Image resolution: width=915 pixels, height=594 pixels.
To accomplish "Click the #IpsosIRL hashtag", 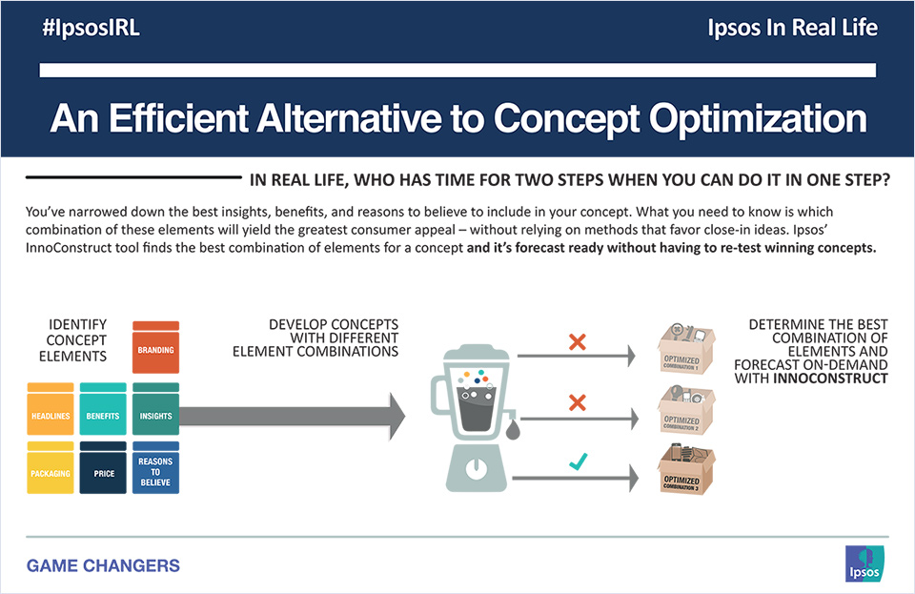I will [x=91, y=28].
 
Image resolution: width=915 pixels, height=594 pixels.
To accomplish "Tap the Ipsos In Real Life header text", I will [x=793, y=28].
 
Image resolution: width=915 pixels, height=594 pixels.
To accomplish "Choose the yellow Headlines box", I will [x=51, y=410].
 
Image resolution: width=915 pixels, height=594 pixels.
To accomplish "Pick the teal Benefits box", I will [x=103, y=410].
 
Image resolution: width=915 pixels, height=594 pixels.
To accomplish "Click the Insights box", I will [x=155, y=410].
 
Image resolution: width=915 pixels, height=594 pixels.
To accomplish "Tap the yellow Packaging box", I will [x=51, y=467].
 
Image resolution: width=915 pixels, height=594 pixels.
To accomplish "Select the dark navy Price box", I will [x=103, y=467].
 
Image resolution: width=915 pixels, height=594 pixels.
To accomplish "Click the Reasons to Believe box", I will [x=155, y=467].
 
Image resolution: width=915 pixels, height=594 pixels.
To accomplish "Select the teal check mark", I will [x=576, y=462].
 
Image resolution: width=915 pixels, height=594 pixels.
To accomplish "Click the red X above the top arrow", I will [x=576, y=342].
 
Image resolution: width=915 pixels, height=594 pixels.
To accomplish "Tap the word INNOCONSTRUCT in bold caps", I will [x=830, y=379].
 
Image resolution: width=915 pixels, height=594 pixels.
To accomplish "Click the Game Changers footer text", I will [x=103, y=565].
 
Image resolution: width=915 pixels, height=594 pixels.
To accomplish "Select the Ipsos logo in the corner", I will [x=862, y=562].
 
